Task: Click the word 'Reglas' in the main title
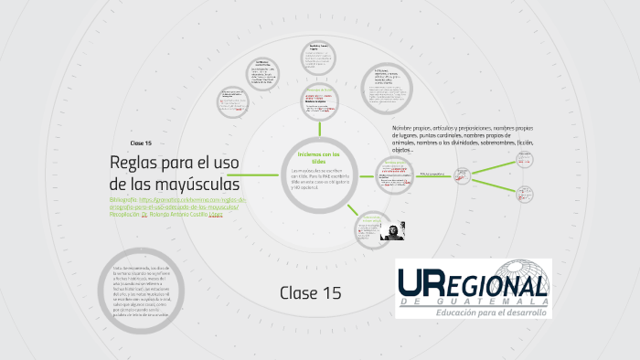(x=133, y=164)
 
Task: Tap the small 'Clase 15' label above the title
(x=141, y=144)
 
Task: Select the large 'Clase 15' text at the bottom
(x=310, y=292)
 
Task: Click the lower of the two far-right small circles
(x=525, y=194)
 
